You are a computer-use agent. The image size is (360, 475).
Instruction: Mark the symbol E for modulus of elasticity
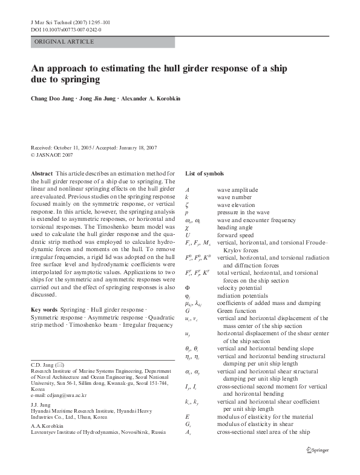click(x=186, y=417)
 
